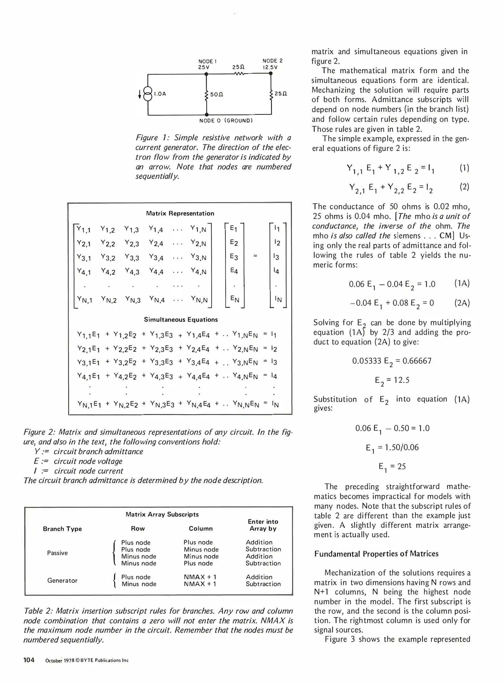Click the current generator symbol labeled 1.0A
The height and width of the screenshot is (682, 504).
tap(147, 94)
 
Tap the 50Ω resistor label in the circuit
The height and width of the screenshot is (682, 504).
tap(216, 94)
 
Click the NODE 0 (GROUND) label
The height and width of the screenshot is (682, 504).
tap(226, 121)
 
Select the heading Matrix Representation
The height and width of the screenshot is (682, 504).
tap(180, 213)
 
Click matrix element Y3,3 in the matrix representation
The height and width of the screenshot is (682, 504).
tap(132, 258)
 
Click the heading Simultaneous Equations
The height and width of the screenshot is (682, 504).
tap(181, 320)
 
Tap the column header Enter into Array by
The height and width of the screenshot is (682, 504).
tap(263, 525)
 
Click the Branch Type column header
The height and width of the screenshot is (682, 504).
tap(62, 529)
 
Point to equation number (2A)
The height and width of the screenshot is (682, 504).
tap(462, 303)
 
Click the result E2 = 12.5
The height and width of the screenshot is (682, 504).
tap(392, 380)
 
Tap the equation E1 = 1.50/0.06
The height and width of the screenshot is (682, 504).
tap(392, 447)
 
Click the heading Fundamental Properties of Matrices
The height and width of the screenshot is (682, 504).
tap(376, 554)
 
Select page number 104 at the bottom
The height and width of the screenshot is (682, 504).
tap(29, 660)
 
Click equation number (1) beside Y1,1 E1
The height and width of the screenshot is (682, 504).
tap(464, 168)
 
